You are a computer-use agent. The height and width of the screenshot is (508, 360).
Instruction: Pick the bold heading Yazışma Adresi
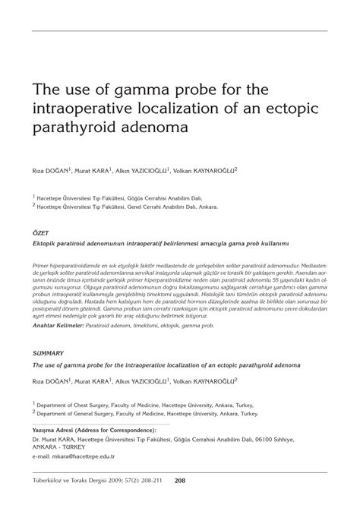(x=59, y=429)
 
